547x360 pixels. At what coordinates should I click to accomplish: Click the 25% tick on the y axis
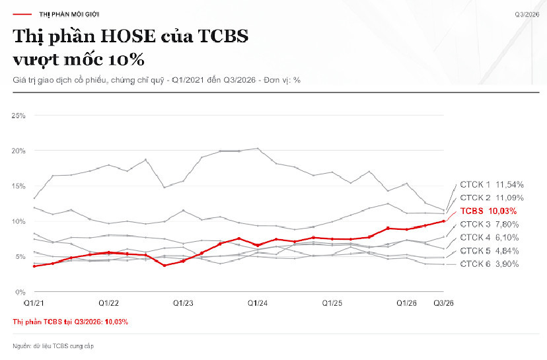click(18, 116)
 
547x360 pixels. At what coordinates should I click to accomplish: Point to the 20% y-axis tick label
click(18, 151)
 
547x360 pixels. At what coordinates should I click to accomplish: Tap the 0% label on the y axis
click(20, 292)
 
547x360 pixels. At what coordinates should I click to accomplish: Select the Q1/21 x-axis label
click(34, 303)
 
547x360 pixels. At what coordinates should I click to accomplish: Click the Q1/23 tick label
click(183, 303)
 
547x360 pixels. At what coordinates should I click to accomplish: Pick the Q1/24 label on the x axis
click(258, 303)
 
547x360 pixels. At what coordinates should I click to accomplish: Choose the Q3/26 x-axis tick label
click(443, 303)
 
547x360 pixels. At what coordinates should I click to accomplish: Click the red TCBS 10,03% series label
click(488, 211)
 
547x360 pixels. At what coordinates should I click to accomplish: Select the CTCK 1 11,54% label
click(492, 184)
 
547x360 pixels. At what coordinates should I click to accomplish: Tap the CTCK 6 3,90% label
click(490, 264)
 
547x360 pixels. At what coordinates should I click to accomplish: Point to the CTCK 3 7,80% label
click(490, 225)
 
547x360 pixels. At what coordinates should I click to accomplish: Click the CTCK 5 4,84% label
click(490, 251)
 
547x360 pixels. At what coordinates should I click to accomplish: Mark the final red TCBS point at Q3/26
click(443, 221)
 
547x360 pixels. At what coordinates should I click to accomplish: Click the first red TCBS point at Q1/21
click(34, 266)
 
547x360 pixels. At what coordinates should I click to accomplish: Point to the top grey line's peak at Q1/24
click(258, 148)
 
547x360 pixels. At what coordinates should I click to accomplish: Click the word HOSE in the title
click(128, 36)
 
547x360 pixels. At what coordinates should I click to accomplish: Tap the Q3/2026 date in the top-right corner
click(527, 15)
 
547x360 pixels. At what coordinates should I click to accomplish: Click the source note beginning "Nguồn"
click(54, 346)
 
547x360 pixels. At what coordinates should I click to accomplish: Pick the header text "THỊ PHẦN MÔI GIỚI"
click(69, 15)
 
